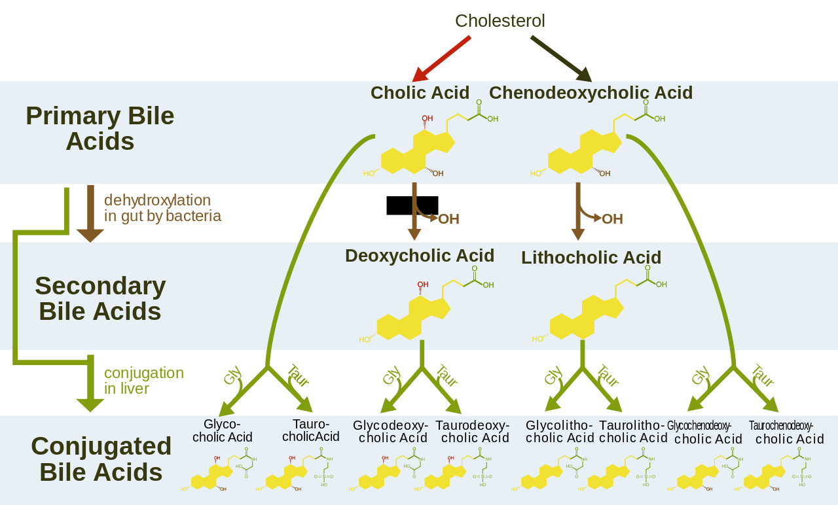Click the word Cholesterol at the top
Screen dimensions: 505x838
(x=500, y=21)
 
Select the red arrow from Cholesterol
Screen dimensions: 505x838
(x=443, y=57)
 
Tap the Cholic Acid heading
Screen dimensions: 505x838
(x=420, y=93)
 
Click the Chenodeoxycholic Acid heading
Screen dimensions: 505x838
(x=591, y=93)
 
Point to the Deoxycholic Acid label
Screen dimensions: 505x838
(x=419, y=255)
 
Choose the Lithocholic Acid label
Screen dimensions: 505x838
(x=591, y=258)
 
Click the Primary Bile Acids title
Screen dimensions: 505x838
(x=100, y=128)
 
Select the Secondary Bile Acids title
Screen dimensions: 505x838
(x=100, y=298)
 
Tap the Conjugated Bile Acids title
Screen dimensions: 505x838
(x=101, y=459)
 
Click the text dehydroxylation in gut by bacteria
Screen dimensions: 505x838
(x=162, y=208)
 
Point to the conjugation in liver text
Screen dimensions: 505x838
(x=143, y=381)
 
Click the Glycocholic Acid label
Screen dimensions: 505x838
(x=222, y=430)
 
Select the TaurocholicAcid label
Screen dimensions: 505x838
(x=311, y=430)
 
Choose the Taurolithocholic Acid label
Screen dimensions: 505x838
(x=632, y=432)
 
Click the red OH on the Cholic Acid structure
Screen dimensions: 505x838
(x=428, y=119)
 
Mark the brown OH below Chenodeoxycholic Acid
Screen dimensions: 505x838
(x=612, y=219)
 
